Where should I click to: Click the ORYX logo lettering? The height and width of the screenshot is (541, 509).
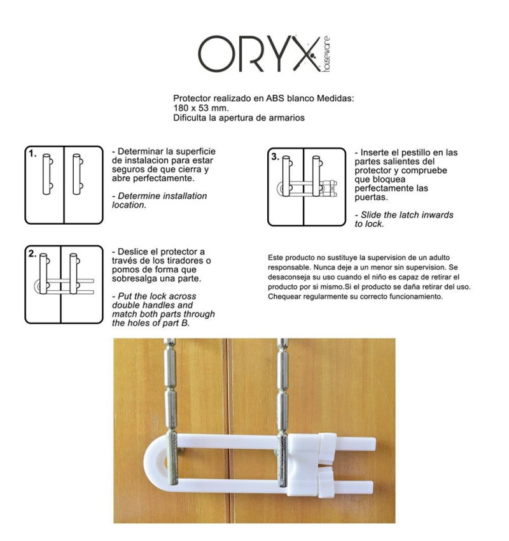coord(259,54)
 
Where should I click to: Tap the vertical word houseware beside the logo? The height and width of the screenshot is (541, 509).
coord(326,54)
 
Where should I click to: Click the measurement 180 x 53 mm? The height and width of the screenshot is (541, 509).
coord(201,108)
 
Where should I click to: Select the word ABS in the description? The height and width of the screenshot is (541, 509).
coord(275,98)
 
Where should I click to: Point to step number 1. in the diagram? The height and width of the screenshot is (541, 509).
coord(32,153)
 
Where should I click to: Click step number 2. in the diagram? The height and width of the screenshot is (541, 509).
coord(32,253)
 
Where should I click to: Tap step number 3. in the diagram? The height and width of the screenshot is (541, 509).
coord(275,157)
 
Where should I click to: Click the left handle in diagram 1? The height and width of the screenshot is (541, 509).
coord(47,174)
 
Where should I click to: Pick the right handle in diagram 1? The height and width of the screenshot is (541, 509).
coord(77,174)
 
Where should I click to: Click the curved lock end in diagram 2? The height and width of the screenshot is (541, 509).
coord(36,286)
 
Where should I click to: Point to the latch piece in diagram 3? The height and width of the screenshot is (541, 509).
coord(328,188)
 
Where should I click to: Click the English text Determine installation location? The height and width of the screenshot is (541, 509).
coord(159,200)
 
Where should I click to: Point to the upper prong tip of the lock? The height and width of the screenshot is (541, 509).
coord(374,444)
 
